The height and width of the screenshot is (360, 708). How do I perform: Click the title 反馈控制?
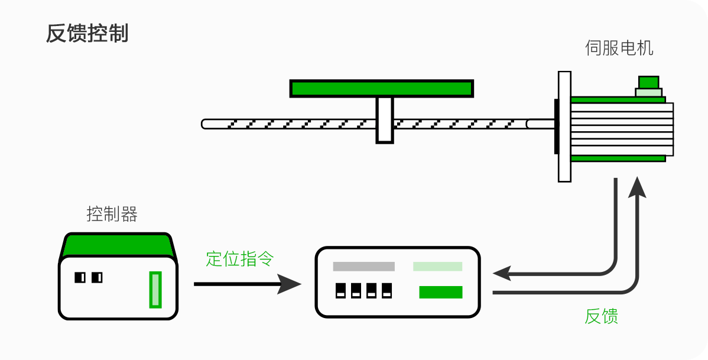click(87, 34)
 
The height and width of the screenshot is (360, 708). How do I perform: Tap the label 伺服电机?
click(619, 48)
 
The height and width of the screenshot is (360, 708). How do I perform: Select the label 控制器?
click(112, 214)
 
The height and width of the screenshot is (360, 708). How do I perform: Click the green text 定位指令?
click(240, 258)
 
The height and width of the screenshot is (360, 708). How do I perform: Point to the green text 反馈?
click(601, 316)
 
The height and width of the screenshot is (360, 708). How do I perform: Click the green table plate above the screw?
click(381, 89)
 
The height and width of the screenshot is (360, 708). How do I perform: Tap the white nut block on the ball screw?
click(385, 120)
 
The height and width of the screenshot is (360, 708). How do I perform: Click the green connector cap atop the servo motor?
click(648, 82)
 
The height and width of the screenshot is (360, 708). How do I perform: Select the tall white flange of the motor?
click(564, 126)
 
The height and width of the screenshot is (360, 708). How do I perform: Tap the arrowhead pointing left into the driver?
click(502, 273)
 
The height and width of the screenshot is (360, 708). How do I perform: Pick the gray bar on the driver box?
click(363, 267)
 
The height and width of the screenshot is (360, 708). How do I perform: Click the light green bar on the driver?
click(437, 267)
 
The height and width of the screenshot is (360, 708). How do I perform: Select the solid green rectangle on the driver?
click(441, 292)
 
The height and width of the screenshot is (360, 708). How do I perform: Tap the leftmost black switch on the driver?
click(340, 290)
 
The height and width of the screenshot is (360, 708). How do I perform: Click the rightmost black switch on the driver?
click(387, 290)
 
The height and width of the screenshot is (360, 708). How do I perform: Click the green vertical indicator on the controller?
click(155, 289)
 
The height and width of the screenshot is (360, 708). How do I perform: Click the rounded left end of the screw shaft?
click(205, 124)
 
